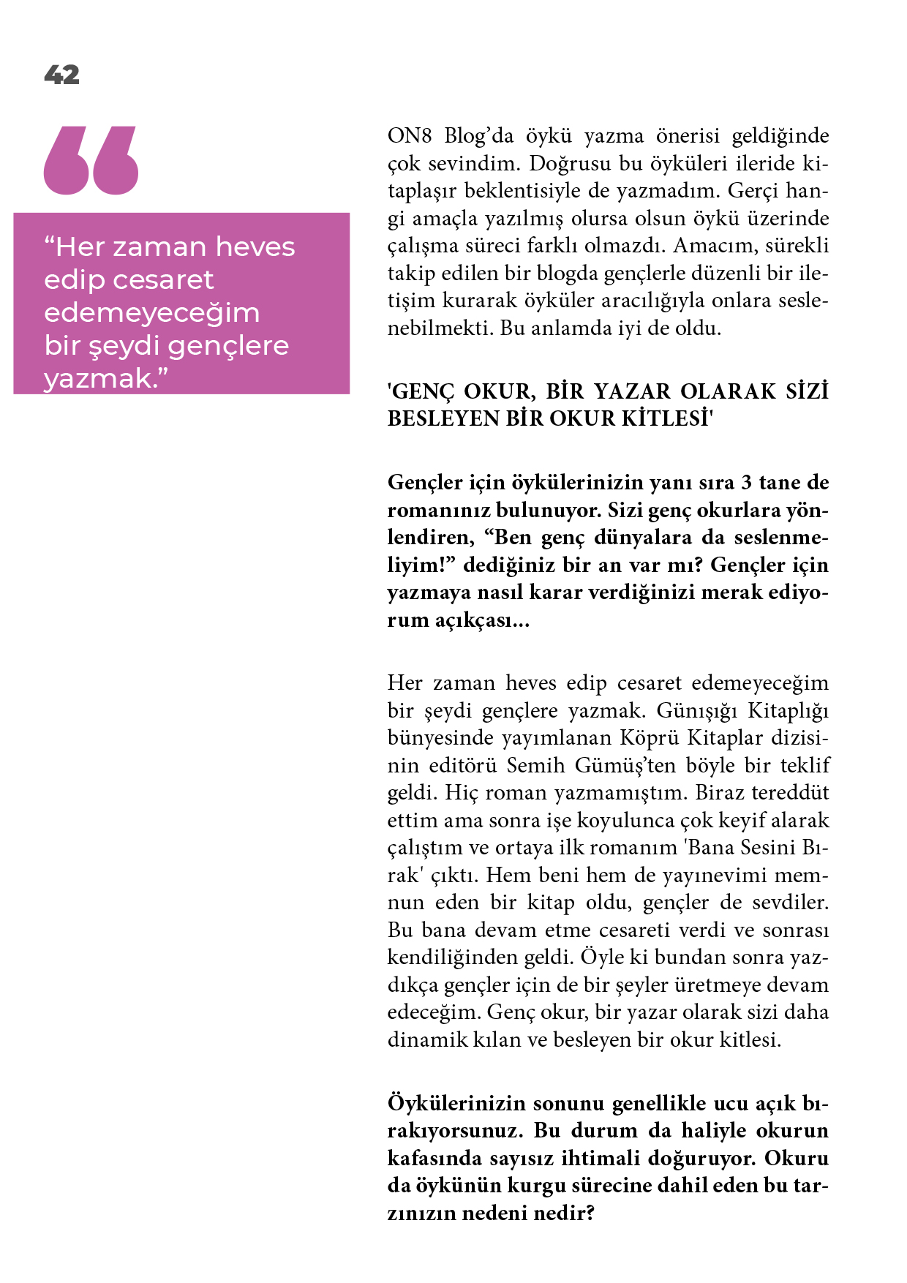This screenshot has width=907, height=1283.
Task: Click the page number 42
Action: tap(61, 75)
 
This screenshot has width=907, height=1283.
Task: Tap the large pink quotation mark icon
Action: tap(91, 160)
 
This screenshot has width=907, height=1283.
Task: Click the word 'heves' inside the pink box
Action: tap(255, 247)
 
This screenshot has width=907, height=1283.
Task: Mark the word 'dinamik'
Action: tap(418, 1040)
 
